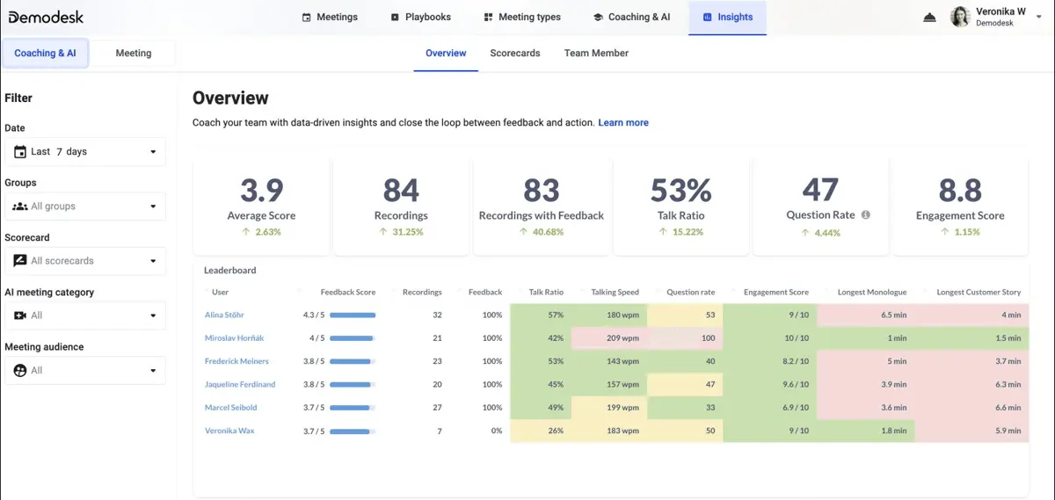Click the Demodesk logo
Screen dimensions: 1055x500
pos(46,18)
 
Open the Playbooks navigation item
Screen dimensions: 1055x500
pos(420,17)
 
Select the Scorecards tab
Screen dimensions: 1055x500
pos(515,54)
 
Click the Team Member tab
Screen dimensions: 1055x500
pos(596,54)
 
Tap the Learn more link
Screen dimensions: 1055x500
pos(623,122)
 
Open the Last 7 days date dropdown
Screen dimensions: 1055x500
pos(85,152)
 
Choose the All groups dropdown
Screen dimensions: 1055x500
pos(85,207)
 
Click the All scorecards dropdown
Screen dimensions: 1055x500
pos(85,261)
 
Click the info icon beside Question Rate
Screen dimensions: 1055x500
pos(866,214)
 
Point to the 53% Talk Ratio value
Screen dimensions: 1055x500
pos(680,190)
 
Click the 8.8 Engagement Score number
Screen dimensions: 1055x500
pos(960,190)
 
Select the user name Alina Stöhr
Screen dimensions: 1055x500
pos(224,315)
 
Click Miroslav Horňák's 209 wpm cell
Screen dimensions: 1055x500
pos(609,338)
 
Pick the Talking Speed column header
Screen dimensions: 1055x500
pos(615,292)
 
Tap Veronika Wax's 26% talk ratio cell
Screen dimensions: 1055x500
pos(541,431)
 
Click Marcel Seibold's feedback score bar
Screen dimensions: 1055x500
pos(353,408)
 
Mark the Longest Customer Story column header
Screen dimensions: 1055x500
pos(979,292)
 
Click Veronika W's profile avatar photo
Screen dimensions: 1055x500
pos(960,17)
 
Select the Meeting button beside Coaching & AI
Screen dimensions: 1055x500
pos(134,54)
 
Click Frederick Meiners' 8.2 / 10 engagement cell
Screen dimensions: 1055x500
pos(769,361)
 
